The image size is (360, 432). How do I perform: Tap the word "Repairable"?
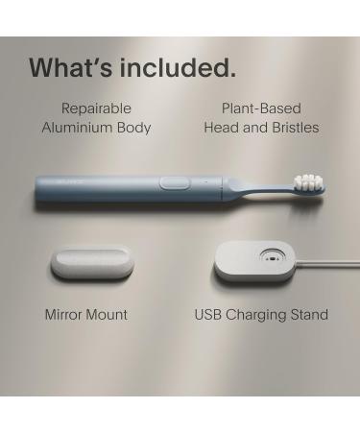[x=96, y=108]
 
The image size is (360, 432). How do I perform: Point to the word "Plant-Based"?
[x=262, y=108]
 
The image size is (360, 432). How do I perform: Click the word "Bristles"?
[x=292, y=128]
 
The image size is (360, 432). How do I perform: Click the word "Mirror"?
[x=65, y=314]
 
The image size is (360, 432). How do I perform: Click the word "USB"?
[x=209, y=314]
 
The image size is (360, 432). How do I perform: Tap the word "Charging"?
[x=258, y=314]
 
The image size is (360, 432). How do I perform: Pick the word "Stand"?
[x=309, y=314]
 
